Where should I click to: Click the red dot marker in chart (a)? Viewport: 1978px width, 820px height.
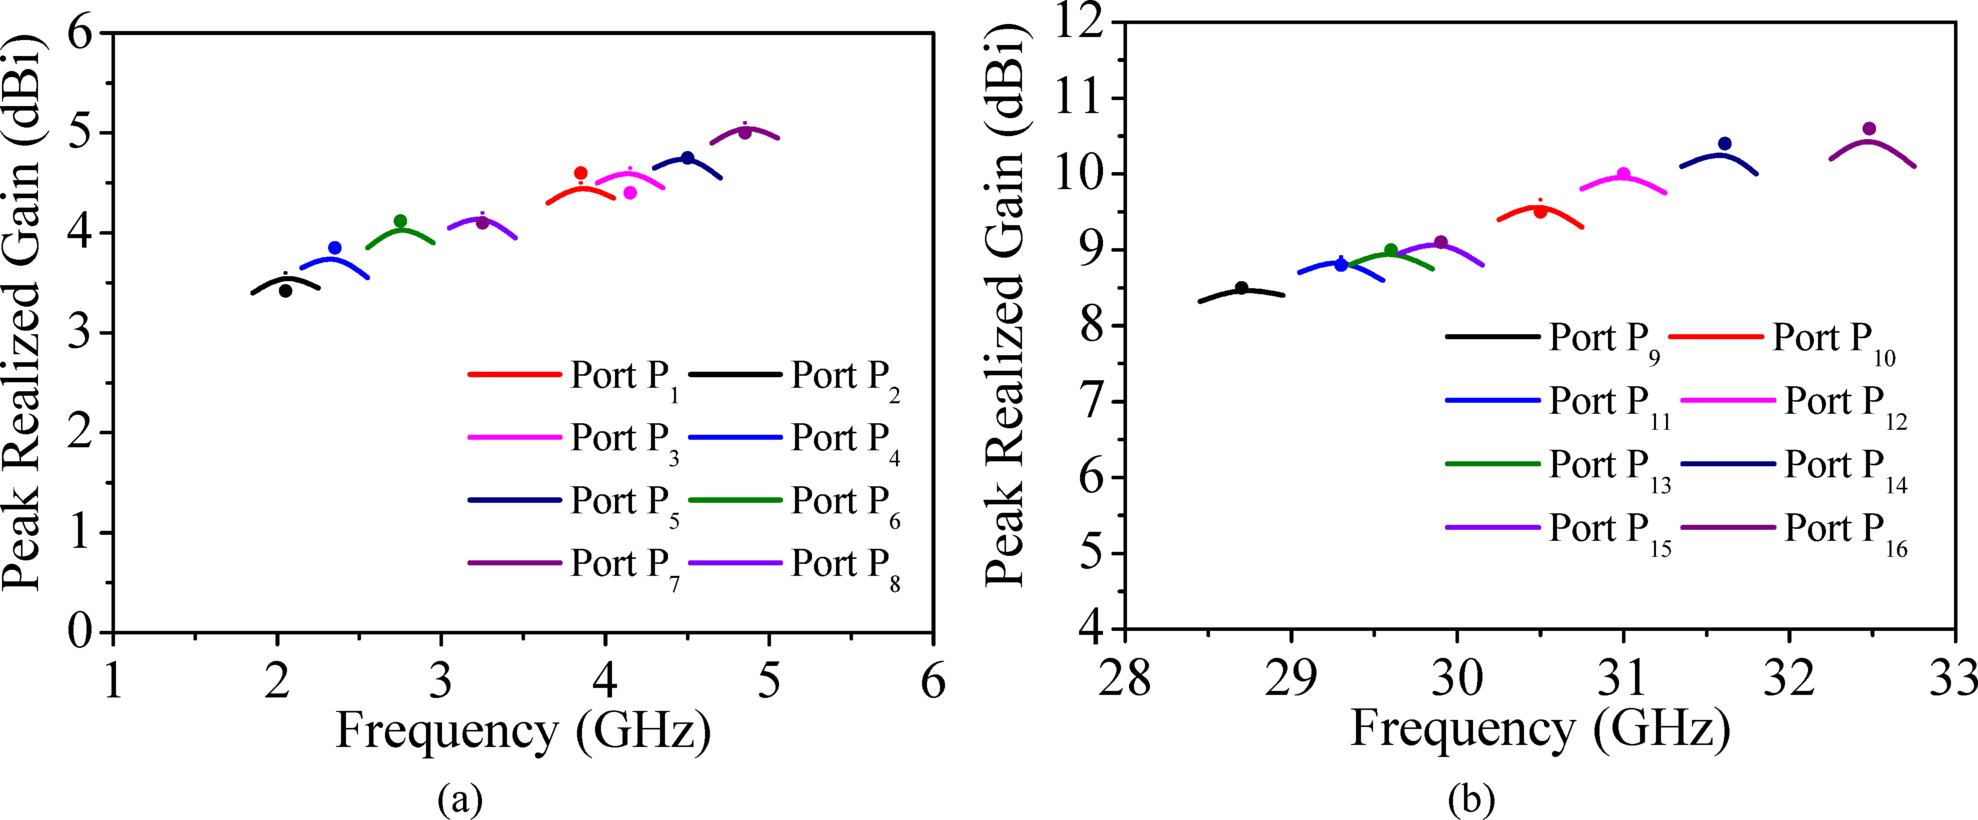pyautogui.click(x=580, y=173)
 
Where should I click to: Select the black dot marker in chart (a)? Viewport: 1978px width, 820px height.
pyautogui.click(x=285, y=291)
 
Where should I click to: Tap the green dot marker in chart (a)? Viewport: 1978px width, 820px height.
pyautogui.click(x=400, y=221)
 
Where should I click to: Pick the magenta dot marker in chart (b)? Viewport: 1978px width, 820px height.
pyautogui.click(x=1623, y=174)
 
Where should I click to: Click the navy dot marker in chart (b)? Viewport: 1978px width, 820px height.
pyautogui.click(x=1724, y=144)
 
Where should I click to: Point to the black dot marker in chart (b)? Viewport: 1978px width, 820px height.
pyautogui.click(x=1241, y=288)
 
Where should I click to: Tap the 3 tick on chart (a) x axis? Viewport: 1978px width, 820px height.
pyautogui.click(x=441, y=681)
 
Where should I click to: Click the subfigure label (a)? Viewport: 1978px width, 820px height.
pyautogui.click(x=460, y=799)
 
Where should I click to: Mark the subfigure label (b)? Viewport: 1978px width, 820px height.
pyautogui.click(x=1471, y=799)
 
